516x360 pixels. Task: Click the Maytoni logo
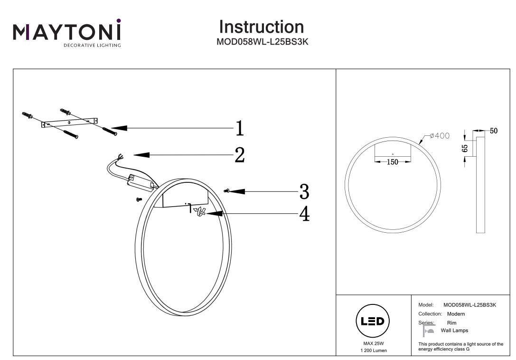(x=67, y=33)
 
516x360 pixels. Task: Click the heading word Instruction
(x=262, y=27)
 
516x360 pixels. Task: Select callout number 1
(x=240, y=128)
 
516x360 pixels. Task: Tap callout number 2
(x=240, y=155)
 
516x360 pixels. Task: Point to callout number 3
(x=304, y=191)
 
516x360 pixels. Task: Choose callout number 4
(x=304, y=214)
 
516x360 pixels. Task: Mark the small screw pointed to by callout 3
(x=227, y=191)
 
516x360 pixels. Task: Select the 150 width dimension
(x=393, y=162)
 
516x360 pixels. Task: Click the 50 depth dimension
(x=494, y=131)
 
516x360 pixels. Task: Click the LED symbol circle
(x=373, y=321)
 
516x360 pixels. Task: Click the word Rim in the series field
(x=451, y=323)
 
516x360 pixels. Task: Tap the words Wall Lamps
(x=454, y=331)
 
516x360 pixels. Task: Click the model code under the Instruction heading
(x=263, y=41)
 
